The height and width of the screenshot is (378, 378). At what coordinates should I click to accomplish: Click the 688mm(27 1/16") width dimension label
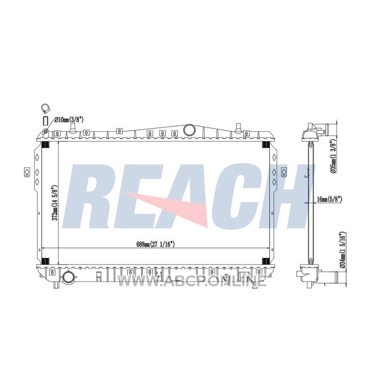155,244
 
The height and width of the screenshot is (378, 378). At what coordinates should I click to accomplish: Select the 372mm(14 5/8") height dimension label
55,203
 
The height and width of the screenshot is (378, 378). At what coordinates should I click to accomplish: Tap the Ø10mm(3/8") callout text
69,120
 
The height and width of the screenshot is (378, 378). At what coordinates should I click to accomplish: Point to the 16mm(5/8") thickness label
329,199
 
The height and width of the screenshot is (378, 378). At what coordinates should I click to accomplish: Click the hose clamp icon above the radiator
45,108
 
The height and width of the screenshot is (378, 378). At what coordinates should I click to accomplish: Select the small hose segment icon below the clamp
45,120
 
